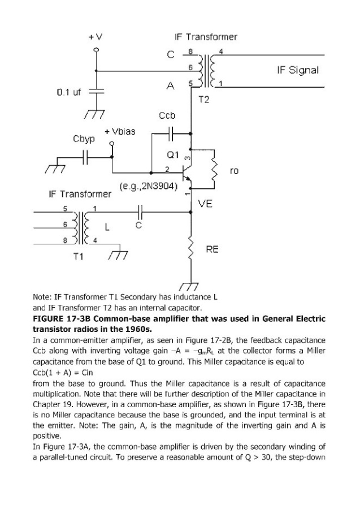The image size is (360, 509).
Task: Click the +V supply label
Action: tap(95, 37)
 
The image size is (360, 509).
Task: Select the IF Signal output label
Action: tap(298, 71)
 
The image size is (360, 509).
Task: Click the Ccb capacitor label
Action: tap(167, 116)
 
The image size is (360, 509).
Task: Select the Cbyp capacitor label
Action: tap(84, 139)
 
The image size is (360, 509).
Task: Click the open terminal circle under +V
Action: tap(96, 50)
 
